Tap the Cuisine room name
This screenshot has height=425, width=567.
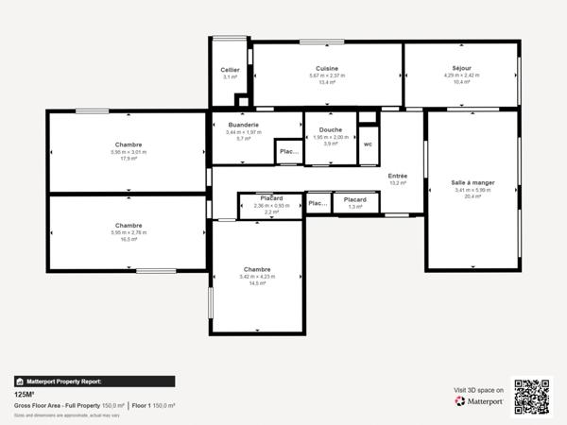pos(327,68)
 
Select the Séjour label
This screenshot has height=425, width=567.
pos(460,68)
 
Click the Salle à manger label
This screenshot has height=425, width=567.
pos(473,182)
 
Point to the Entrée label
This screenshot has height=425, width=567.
pos(398,177)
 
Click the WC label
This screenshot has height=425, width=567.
pos(368,144)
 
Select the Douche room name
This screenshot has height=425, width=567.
pos(330,129)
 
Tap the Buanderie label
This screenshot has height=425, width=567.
pos(243,125)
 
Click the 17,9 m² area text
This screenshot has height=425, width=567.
pos(129,159)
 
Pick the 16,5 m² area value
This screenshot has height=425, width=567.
pos(129,240)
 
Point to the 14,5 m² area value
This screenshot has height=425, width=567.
pos(257,283)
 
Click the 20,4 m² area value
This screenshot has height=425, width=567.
pos(473,197)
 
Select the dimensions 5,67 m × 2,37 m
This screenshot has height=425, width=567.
pos(327,76)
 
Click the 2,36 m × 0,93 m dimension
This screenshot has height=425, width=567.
pos(271,205)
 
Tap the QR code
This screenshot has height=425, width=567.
pos(532,396)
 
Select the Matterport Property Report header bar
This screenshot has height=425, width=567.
pos(94,382)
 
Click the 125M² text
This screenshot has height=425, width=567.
pos(25,395)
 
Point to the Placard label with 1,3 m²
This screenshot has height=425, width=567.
pos(355,199)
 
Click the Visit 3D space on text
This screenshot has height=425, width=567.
pos(478,389)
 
